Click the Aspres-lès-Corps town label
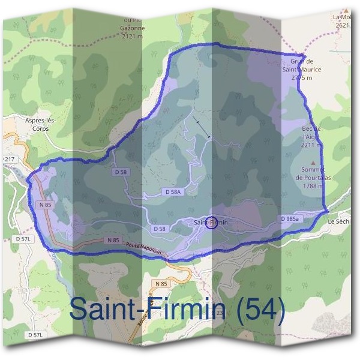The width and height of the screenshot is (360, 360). [x=41, y=124]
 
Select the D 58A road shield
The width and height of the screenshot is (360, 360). [x=172, y=191]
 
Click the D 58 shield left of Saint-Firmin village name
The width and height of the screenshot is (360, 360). [x=159, y=229]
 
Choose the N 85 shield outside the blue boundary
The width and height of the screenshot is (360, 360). [x=161, y=283]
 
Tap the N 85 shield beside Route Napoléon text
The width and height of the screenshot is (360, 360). [x=113, y=240]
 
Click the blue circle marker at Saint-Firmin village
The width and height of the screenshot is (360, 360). [x=211, y=223]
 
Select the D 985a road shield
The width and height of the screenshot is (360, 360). [x=290, y=219]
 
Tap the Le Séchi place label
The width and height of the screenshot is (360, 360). [x=340, y=221]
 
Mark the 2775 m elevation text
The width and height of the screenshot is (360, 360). [x=302, y=78]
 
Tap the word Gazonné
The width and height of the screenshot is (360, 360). [x=133, y=28]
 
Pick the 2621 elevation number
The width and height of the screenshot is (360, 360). [x=343, y=25]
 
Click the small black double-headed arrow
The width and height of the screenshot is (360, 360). [x=203, y=129]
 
